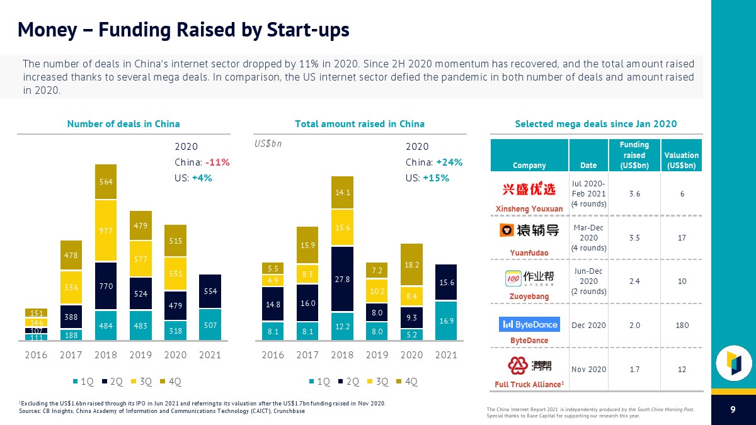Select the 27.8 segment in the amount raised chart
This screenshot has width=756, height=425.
pyautogui.click(x=342, y=279)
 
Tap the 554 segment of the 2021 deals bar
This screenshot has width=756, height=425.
pyautogui.click(x=210, y=292)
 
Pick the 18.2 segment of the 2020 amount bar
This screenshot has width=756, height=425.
pyautogui.click(x=411, y=265)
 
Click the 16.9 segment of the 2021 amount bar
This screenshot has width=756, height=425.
pyautogui.click(x=446, y=320)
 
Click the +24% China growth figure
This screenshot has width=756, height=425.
pyautogui.click(x=449, y=162)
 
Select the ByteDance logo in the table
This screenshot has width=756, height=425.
pyautogui.click(x=529, y=324)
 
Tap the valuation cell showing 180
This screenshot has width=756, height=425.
pyautogui.click(x=682, y=326)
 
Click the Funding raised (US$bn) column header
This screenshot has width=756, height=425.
pyautogui.click(x=634, y=155)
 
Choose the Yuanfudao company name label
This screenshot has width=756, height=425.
pyautogui.click(x=529, y=253)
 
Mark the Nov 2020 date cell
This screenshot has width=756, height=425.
pyautogui.click(x=588, y=369)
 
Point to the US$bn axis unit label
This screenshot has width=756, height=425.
pyautogui.click(x=268, y=144)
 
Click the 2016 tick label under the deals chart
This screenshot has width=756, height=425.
pyautogui.click(x=36, y=355)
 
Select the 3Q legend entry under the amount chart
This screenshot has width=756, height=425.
pyautogui.click(x=379, y=381)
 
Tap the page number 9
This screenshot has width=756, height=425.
pyautogui.click(x=733, y=411)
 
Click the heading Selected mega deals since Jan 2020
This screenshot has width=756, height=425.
pyautogui.click(x=596, y=124)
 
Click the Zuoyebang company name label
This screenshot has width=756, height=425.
pyautogui.click(x=529, y=296)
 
